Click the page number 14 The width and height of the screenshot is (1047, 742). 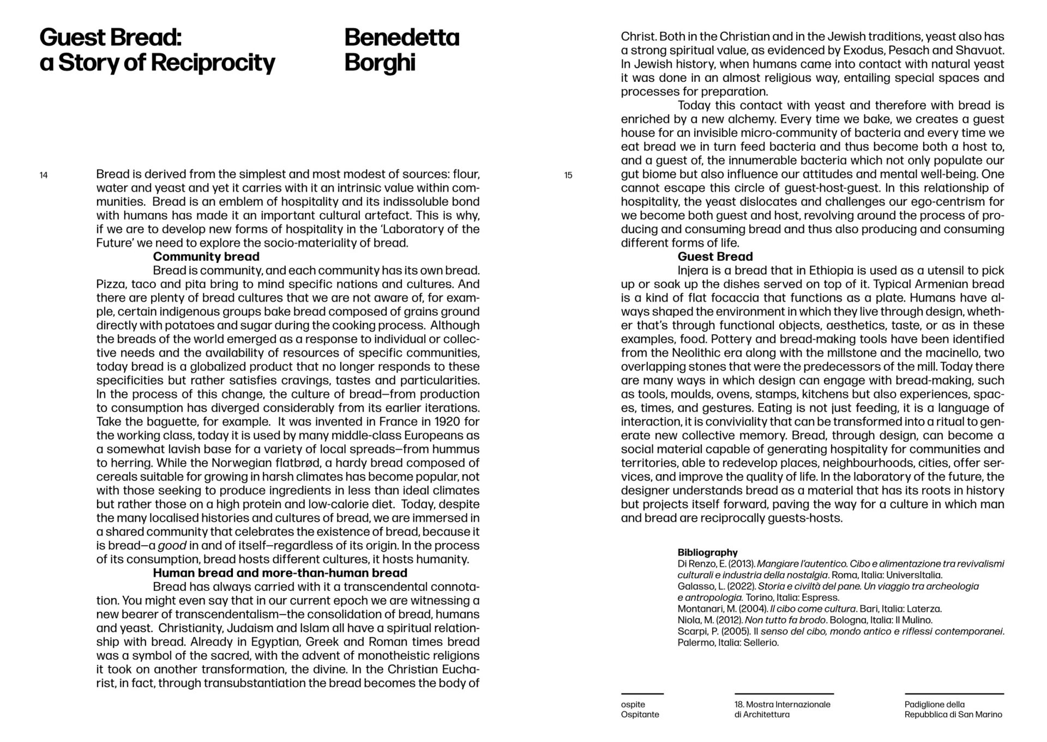pyautogui.click(x=44, y=176)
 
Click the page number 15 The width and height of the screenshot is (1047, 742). pyautogui.click(x=568, y=176)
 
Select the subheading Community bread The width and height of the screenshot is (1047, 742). pyautogui.click(x=206, y=257)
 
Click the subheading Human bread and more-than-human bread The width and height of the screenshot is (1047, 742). pyautogui.click(x=280, y=573)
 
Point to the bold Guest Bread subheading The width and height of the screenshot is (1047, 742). pyautogui.click(x=715, y=257)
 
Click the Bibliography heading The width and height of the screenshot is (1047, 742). pyautogui.click(x=707, y=552)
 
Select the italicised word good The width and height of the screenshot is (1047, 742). pyautogui.click(x=172, y=546)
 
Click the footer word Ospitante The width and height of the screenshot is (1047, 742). pyautogui.click(x=640, y=715)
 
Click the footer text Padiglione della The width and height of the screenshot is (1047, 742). pyautogui.click(x=934, y=704)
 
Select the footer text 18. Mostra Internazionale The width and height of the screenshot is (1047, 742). pyautogui.click(x=782, y=704)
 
